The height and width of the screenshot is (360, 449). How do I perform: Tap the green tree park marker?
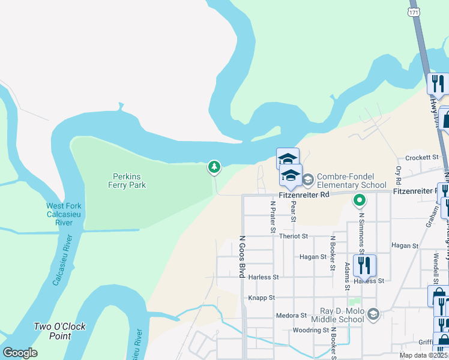[214, 167]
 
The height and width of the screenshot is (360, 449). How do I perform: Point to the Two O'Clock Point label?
[59, 331]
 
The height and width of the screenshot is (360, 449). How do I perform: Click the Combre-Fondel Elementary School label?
[351, 181]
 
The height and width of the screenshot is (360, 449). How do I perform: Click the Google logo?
[20, 352]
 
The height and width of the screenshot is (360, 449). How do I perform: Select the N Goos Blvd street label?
[243, 256]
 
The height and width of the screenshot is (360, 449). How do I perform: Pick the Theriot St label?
[293, 236]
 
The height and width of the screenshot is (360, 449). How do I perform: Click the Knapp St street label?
[261, 298]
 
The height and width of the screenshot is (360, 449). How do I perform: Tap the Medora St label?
[291, 315]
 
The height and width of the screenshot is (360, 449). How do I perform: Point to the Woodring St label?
[310, 330]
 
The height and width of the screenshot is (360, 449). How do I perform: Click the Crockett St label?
[422, 157]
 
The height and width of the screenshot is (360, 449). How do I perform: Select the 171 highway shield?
[414, 11]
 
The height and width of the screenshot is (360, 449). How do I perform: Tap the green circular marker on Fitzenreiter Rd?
[360, 200]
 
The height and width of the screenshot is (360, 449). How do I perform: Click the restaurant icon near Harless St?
[364, 265]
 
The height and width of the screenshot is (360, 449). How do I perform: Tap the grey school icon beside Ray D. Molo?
[373, 314]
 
